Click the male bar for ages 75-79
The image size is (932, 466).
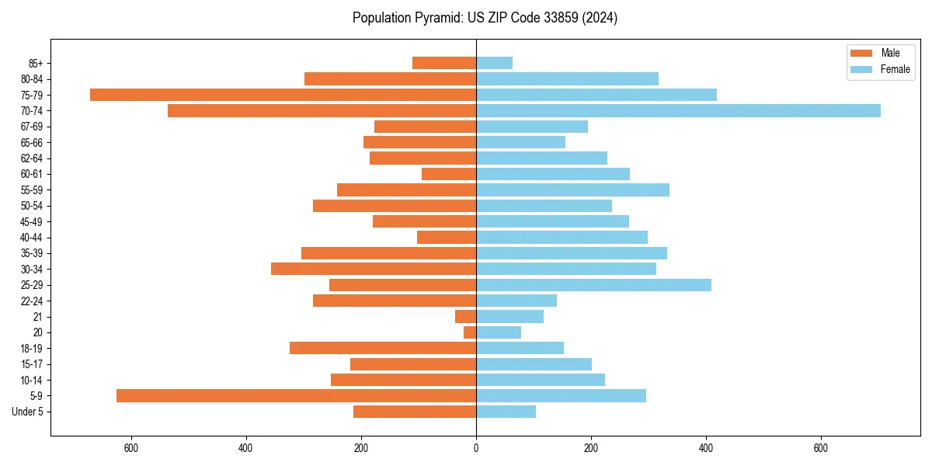(283, 95)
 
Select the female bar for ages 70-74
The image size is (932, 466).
(678, 110)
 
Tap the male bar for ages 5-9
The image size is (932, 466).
(296, 395)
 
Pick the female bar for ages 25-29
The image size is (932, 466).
(593, 285)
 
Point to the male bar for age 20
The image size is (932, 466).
(470, 332)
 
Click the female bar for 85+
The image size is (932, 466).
(494, 63)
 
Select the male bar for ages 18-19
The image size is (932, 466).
(383, 348)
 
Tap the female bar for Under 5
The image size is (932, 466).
(506, 412)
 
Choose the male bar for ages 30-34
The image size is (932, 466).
(374, 269)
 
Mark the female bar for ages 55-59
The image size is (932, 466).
(572, 190)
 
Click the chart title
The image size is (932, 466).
(485, 18)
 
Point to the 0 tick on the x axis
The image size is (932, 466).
(476, 448)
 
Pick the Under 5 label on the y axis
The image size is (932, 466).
(27, 412)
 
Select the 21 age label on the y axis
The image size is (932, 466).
(38, 317)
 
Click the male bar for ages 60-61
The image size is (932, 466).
(449, 174)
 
